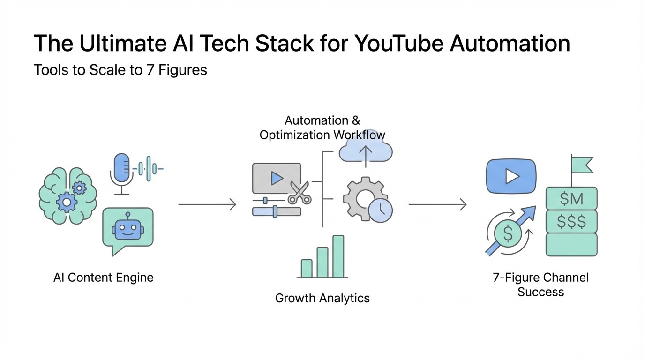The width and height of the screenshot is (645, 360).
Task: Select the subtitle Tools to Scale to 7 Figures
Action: pos(120,70)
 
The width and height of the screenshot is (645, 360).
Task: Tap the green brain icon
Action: pos(67,195)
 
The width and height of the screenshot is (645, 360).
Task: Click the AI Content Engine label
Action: pos(104,277)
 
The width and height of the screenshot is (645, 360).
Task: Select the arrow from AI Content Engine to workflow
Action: pos(207,204)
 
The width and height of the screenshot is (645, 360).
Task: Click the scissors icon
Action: pos(299,193)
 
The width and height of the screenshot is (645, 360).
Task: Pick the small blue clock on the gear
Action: pos(380,210)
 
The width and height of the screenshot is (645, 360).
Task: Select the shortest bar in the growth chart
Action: pos(306,268)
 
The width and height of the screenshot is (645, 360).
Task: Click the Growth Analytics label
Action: pos(322,298)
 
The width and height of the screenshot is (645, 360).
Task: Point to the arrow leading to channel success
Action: pos(437,204)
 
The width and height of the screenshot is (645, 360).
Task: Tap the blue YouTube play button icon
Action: pos(511,176)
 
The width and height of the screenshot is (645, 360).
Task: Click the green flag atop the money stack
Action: pos(582,165)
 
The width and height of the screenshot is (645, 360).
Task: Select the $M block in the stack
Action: pos(571,199)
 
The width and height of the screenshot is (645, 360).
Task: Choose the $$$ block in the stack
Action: pos(571,222)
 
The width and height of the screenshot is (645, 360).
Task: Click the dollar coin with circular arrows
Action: pos(508,233)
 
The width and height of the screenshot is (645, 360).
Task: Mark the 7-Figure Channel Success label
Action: pos(540,285)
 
